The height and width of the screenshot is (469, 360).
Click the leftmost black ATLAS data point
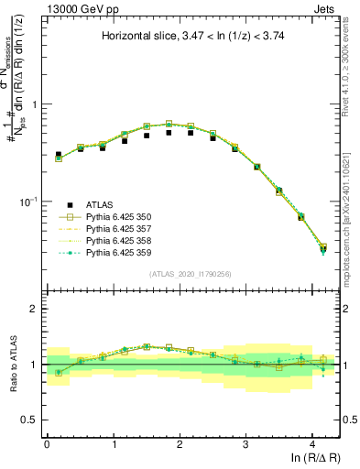pyautogui.click(x=59, y=155)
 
